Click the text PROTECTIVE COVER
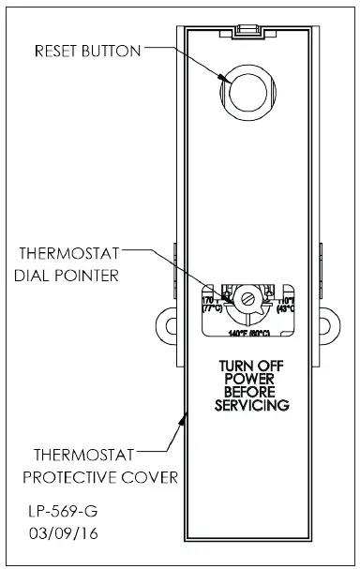[x=100, y=477]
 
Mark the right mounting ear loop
[x=328, y=322]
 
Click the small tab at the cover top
[x=247, y=30]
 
